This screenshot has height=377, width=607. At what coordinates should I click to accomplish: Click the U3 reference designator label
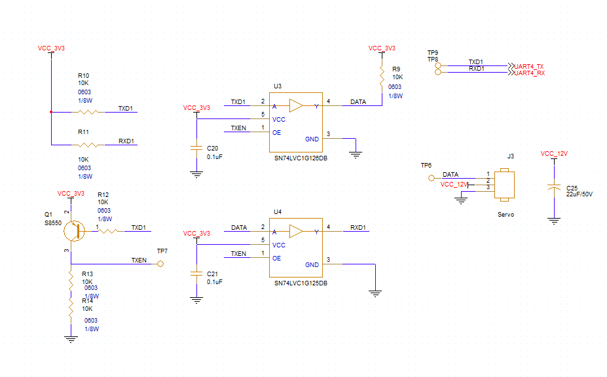click(x=278, y=86)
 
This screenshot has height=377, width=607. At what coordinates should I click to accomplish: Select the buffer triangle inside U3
click(x=297, y=105)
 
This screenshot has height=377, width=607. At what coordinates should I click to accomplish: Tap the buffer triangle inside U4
click(x=297, y=231)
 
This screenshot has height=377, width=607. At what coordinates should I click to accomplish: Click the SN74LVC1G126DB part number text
click(x=301, y=158)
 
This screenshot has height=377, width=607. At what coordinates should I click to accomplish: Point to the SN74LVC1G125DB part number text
click(x=301, y=283)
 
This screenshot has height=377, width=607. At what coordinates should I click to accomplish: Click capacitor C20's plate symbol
click(x=196, y=148)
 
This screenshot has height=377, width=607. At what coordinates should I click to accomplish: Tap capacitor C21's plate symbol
click(x=196, y=274)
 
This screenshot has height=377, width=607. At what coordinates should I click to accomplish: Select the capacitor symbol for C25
click(x=555, y=188)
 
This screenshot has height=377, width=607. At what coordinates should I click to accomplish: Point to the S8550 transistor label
click(x=53, y=223)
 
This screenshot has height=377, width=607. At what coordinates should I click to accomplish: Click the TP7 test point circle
click(x=160, y=264)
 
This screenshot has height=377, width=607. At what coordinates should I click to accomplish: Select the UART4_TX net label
click(x=529, y=66)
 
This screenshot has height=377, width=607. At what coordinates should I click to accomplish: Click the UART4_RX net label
click(x=529, y=73)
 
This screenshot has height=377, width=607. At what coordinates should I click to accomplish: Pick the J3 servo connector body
click(x=504, y=185)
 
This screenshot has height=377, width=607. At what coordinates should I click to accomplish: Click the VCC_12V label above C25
click(x=554, y=153)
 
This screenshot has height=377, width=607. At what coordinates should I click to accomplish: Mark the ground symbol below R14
click(x=71, y=339)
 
